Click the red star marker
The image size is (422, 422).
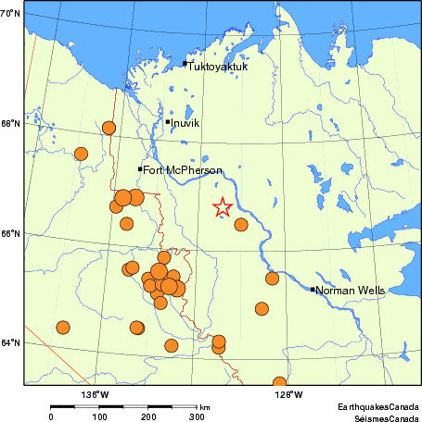(222, 208)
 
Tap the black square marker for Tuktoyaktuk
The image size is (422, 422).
(185, 64)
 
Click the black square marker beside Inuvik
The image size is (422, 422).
(168, 121)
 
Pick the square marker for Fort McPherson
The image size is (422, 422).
(140, 168)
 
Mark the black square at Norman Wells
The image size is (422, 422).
(312, 290)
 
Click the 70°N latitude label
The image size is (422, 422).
(11, 14)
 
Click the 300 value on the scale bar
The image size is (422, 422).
(197, 417)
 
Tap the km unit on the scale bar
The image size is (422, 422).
(204, 406)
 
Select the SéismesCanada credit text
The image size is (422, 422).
(380, 416)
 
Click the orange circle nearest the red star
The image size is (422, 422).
(241, 224)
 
